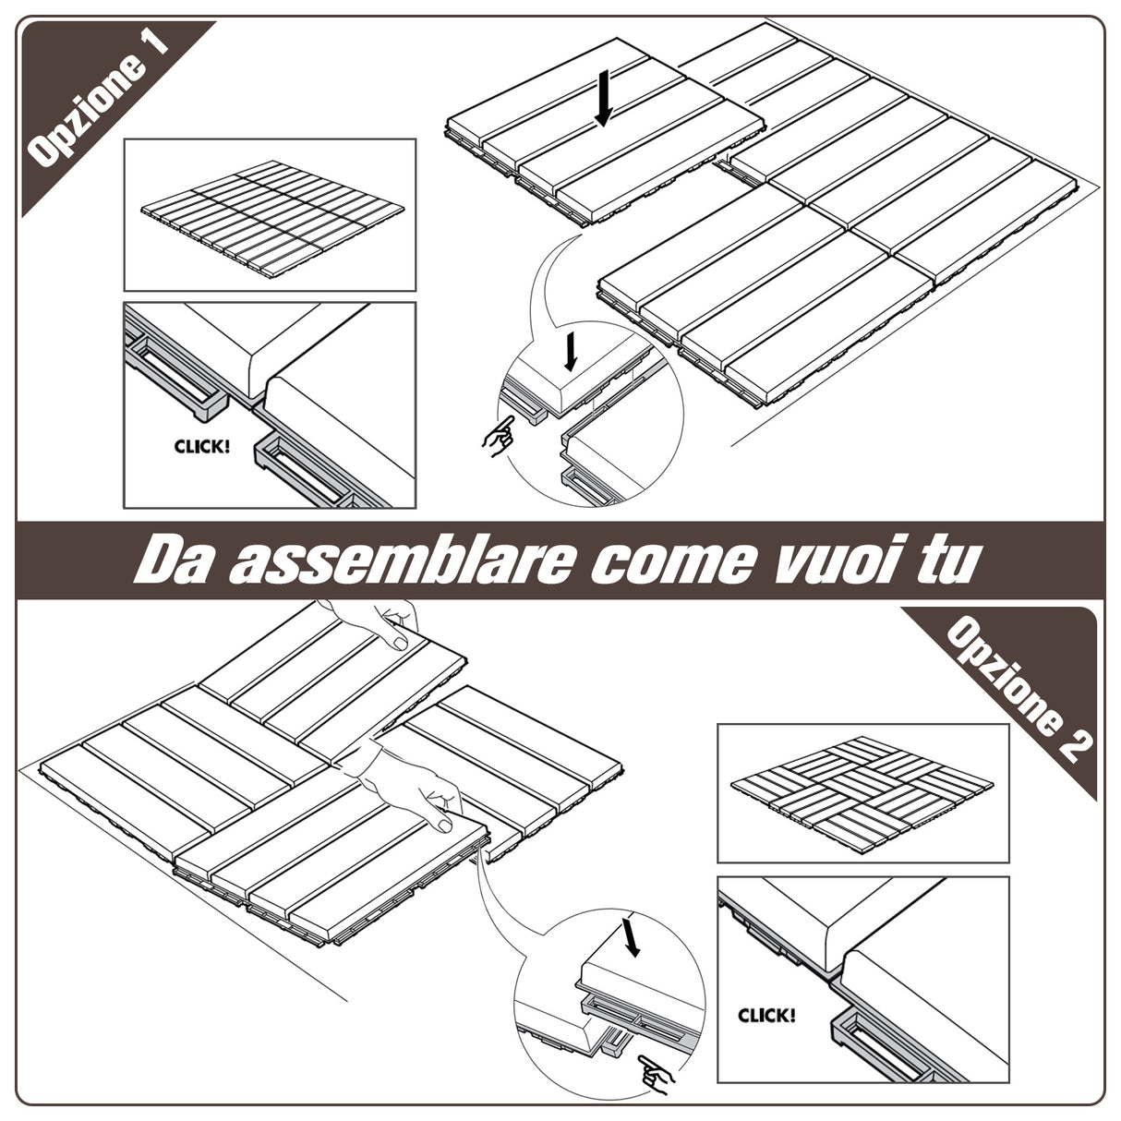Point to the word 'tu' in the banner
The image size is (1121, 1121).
pyautogui.click(x=946, y=560)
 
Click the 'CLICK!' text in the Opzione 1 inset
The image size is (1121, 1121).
pyautogui.click(x=201, y=447)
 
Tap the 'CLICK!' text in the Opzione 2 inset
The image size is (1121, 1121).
pyautogui.click(x=765, y=1016)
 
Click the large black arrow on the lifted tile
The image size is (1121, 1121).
pyautogui.click(x=604, y=99)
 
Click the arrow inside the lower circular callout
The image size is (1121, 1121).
pyautogui.click(x=632, y=937)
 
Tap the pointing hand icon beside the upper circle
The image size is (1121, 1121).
pyautogui.click(x=499, y=435)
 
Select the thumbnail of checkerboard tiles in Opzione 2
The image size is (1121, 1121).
pyautogui.click(x=862, y=792)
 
